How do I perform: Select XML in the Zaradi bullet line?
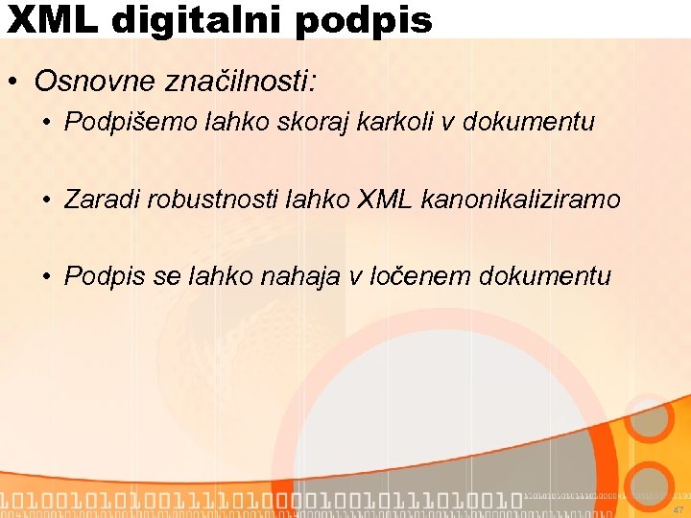point(384,200)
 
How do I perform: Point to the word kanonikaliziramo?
point(518,200)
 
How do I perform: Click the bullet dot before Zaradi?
point(46,200)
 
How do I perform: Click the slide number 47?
point(678,510)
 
